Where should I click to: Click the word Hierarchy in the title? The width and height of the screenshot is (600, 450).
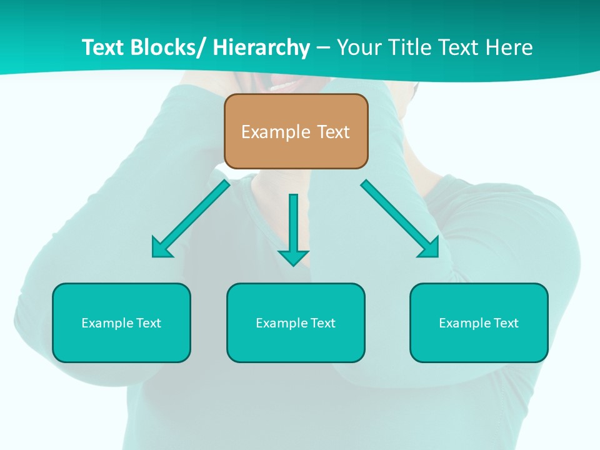pyautogui.click(x=261, y=47)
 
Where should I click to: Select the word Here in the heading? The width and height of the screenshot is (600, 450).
pyautogui.click(x=510, y=47)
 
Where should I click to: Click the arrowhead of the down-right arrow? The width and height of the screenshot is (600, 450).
pyautogui.click(x=430, y=248)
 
